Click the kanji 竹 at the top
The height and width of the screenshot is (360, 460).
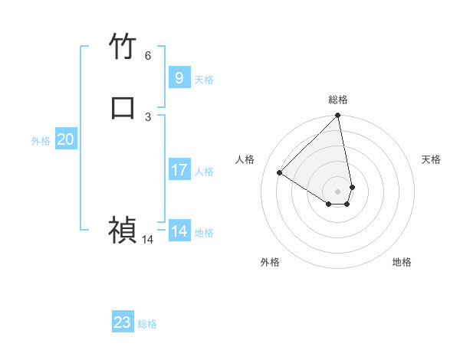(123, 47)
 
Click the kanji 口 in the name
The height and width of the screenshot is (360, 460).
(123, 107)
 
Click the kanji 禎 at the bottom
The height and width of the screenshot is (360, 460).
(123, 229)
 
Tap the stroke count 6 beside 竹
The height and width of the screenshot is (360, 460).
(148, 55)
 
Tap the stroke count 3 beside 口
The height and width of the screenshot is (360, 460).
(148, 116)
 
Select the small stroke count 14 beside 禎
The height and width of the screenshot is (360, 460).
(148, 240)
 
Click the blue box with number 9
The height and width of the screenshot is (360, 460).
(179, 77)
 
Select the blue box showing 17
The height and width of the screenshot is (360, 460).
(179, 170)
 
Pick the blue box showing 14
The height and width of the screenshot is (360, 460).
(179, 231)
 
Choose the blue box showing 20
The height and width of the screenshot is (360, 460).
(65, 139)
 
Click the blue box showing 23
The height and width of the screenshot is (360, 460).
(123, 322)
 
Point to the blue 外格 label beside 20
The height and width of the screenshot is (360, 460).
(41, 141)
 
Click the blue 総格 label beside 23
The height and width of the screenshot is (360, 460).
(147, 324)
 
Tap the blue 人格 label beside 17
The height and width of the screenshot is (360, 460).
(205, 172)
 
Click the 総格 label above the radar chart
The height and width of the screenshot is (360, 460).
(338, 100)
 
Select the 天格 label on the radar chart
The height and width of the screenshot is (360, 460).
(431, 159)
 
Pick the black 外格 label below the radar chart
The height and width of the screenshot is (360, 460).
(270, 262)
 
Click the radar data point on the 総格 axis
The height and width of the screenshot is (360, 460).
(338, 116)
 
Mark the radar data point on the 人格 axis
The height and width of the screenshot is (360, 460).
(280, 173)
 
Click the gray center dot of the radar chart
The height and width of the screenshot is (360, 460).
(338, 191)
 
